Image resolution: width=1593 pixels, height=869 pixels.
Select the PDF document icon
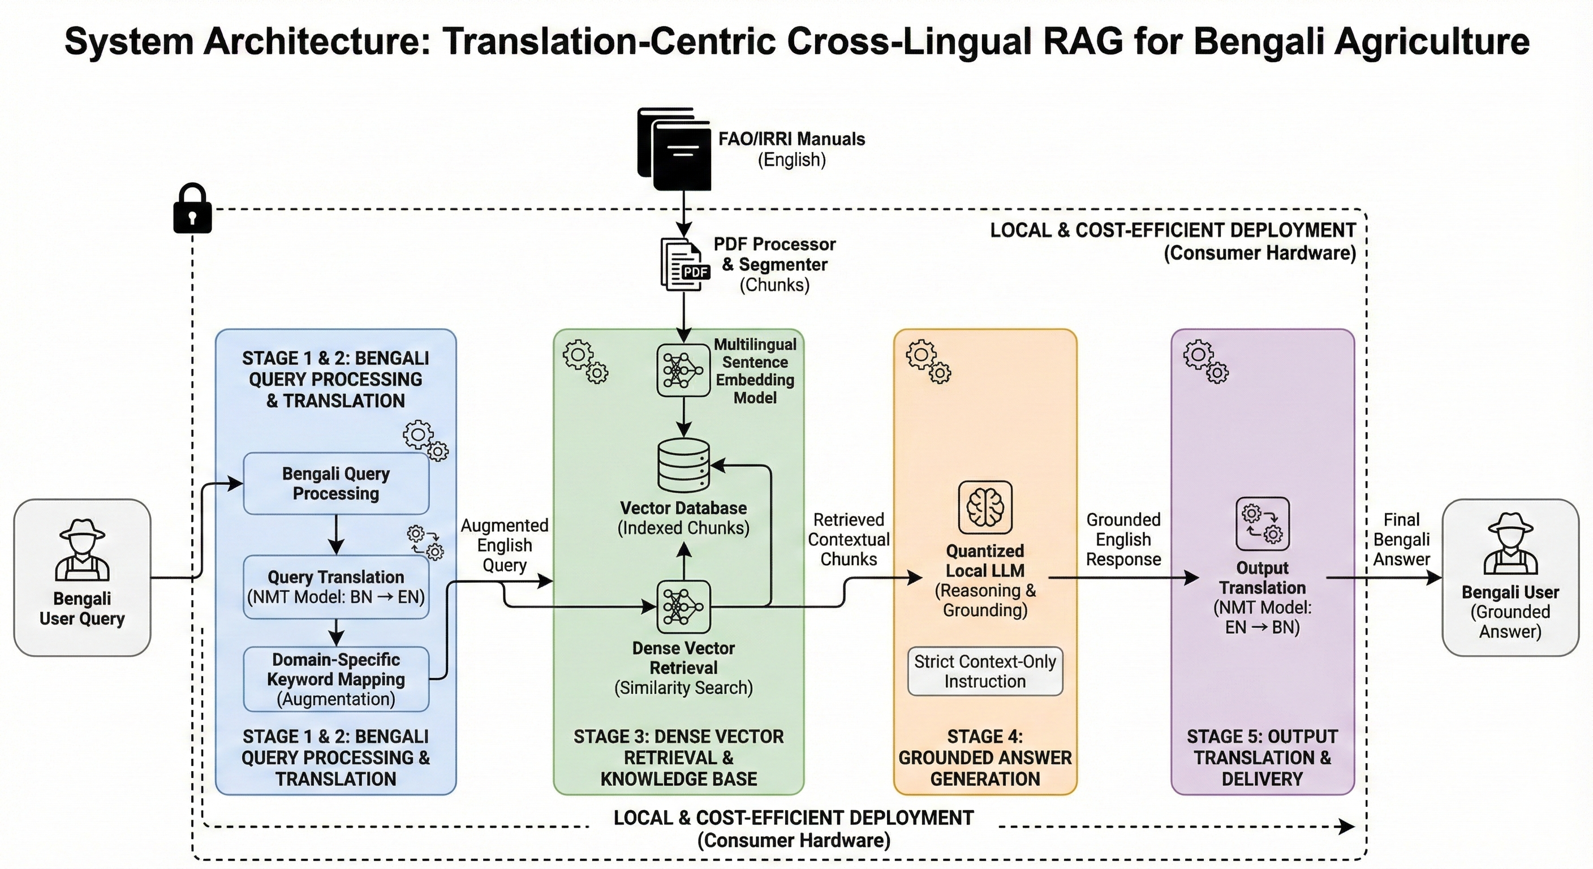[684, 264]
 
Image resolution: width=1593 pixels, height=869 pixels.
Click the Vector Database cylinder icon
[683, 465]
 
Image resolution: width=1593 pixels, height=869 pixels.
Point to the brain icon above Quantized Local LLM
[985, 507]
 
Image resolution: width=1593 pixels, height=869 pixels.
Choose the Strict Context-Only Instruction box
[985, 671]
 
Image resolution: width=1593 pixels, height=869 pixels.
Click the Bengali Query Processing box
[336, 484]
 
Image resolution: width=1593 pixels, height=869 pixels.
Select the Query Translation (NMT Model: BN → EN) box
[336, 587]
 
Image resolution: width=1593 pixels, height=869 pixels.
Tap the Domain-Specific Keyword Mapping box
[336, 678]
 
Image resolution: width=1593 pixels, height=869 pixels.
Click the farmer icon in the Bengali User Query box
[82, 549]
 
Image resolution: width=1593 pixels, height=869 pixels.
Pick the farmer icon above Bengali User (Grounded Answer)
[1510, 544]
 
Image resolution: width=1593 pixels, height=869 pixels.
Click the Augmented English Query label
[504, 545]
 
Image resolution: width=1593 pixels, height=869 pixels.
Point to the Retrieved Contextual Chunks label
[849, 539]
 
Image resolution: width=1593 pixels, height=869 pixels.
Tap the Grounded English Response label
[1123, 539]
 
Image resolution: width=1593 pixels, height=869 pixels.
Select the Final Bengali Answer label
[1401, 539]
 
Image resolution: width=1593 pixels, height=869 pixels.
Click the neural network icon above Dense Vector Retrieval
[683, 606]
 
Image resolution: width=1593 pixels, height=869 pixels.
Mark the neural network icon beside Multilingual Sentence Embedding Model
[683, 370]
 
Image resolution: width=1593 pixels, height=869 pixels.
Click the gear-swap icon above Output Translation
[1262, 523]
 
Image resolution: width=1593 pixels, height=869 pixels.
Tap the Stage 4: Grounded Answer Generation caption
[985, 758]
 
